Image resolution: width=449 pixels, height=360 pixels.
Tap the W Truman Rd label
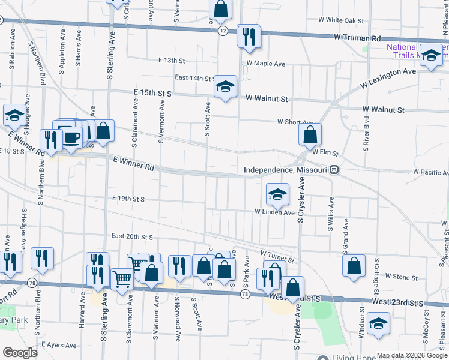point(357,38)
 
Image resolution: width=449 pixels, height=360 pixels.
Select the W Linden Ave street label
point(274,212)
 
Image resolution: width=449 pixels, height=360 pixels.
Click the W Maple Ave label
point(264,63)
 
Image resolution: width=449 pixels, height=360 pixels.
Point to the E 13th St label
point(172,61)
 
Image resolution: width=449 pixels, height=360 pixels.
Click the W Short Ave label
point(295,122)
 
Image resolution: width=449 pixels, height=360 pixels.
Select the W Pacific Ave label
point(430,172)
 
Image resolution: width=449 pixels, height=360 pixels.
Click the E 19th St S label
point(128,199)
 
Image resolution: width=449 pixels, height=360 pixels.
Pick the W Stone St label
point(401,277)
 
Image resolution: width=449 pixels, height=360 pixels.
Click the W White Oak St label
point(341,20)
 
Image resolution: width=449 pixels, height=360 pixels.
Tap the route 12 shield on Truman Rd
point(222,31)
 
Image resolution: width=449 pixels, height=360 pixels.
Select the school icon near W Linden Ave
point(277,194)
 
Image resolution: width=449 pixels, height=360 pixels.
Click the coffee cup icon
point(72,137)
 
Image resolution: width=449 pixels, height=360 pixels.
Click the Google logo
point(20,353)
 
